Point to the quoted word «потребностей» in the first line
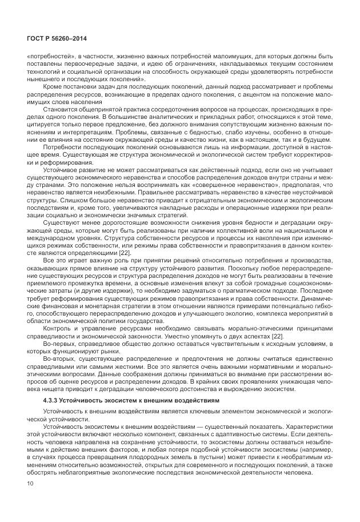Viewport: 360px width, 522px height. coord(46,57)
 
